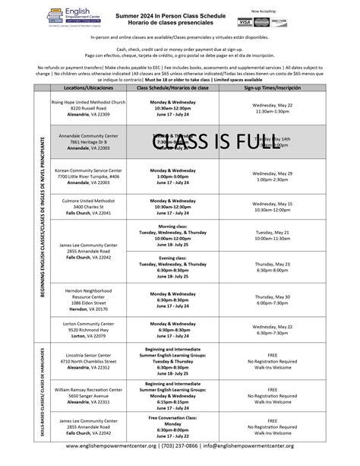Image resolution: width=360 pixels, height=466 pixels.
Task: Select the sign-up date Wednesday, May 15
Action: (271, 204)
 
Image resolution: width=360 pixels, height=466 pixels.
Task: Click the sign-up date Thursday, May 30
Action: (271, 296)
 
